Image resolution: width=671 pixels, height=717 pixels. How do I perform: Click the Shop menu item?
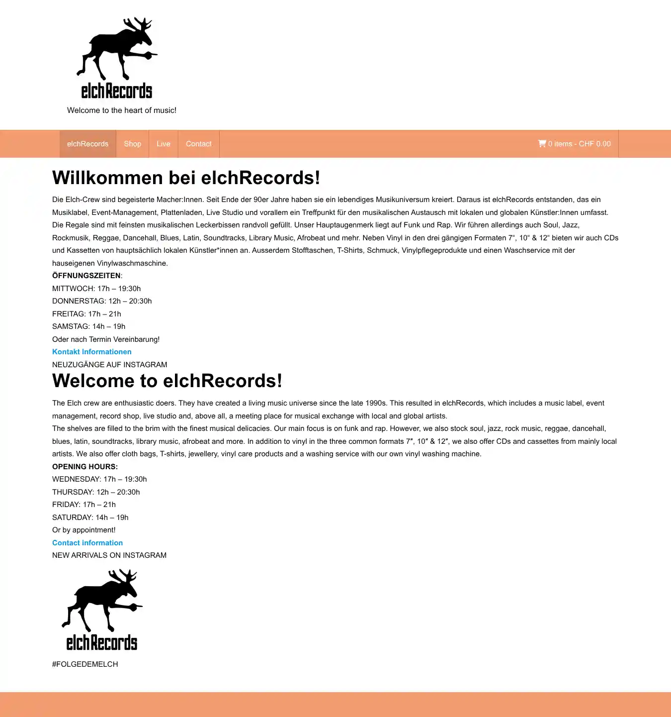[x=132, y=144]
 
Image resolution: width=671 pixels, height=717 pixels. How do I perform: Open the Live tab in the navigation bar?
[x=164, y=144]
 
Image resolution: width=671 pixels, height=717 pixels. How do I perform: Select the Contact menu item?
[x=199, y=144]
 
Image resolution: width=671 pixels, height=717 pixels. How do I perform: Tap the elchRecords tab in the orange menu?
[x=87, y=144]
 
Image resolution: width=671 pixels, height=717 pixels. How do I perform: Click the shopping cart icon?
[x=542, y=144]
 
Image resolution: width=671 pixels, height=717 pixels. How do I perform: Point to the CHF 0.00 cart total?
[x=594, y=144]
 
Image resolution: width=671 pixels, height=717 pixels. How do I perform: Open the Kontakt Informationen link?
[x=92, y=352]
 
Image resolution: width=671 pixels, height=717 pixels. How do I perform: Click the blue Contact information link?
[x=87, y=543]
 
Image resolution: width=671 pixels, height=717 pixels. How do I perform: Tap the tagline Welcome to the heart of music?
[x=122, y=110]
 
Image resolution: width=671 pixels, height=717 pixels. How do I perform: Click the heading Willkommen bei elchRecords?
[x=186, y=178]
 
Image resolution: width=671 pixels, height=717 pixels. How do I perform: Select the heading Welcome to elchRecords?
[x=167, y=381]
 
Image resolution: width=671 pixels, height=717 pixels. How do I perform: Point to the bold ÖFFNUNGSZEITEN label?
[x=86, y=276]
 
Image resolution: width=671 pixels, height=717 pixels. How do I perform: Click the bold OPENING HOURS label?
[x=85, y=467]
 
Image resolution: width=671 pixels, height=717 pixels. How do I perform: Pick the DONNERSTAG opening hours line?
[x=102, y=301]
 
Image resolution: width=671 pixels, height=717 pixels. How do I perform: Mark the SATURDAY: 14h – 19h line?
[x=90, y=517]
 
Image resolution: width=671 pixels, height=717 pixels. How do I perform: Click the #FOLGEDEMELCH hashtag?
[x=85, y=664]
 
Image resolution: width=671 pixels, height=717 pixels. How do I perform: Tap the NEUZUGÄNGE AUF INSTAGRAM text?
[x=110, y=365]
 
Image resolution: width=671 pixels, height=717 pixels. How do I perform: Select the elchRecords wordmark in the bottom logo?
[x=102, y=642]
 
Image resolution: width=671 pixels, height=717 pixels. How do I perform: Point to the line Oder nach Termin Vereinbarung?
[x=106, y=339]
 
